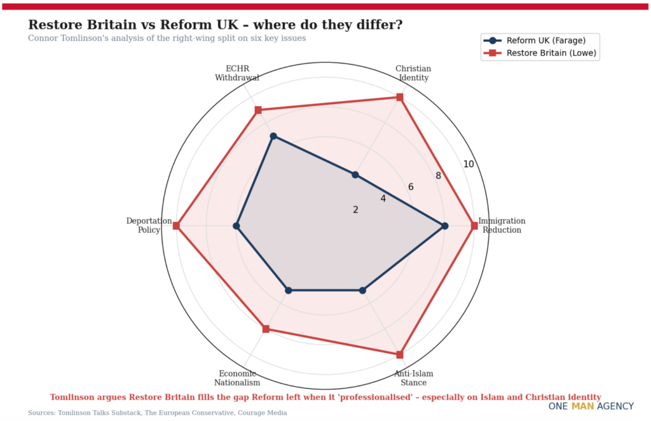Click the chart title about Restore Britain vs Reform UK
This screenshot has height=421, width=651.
click(215, 25)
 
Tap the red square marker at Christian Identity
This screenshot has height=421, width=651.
click(400, 97)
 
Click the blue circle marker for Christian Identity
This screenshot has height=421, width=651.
click(355, 175)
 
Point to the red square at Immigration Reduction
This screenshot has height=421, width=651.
click(474, 226)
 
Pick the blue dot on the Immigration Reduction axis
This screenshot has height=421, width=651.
click(444, 226)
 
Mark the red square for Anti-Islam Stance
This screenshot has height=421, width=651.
click(400, 354)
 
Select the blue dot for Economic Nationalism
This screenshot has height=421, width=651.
click(289, 290)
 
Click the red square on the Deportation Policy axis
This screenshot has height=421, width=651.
click(177, 226)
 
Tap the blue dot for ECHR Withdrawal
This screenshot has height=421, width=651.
click(273, 136)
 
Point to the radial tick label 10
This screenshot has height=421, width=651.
click(469, 164)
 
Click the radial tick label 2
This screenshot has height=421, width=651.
click(355, 210)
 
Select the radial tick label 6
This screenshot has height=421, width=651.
click(411, 187)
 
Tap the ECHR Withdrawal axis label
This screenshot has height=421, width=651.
click(237, 73)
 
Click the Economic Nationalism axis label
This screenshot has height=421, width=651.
click(237, 378)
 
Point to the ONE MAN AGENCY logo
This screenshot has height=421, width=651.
click(591, 406)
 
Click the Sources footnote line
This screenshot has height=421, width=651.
click(157, 413)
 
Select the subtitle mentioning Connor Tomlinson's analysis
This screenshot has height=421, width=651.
click(167, 38)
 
